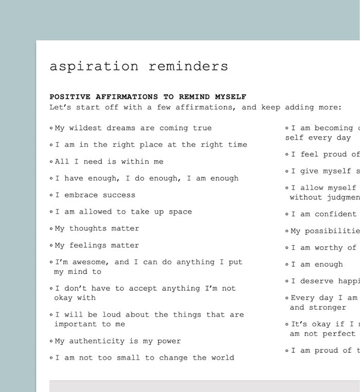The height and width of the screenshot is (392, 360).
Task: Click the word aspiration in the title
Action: click(x=94, y=67)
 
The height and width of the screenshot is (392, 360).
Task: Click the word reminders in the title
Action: click(x=188, y=67)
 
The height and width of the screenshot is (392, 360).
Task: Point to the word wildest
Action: click(x=86, y=128)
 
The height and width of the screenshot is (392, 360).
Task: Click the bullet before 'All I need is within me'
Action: click(x=51, y=162)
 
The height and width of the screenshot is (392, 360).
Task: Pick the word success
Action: click(x=119, y=195)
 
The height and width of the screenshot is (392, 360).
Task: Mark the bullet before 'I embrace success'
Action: click(x=51, y=195)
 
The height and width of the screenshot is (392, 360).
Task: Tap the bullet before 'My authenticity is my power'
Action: click(x=51, y=341)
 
